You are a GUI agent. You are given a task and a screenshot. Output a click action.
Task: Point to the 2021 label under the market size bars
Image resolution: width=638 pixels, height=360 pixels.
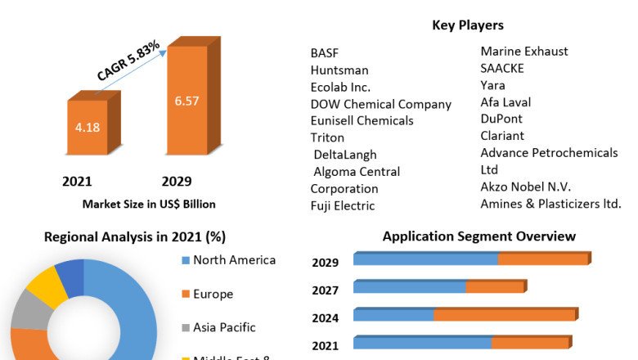[x=77, y=181]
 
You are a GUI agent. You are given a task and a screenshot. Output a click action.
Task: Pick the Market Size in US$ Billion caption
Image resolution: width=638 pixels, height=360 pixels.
[x=149, y=204]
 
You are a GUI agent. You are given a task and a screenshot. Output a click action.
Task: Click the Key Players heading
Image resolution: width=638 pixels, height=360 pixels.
[x=468, y=25]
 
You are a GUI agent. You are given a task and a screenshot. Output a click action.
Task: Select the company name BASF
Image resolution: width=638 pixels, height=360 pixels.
[x=325, y=52]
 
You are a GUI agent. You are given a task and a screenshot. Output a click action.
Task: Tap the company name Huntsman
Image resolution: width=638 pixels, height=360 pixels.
[x=339, y=70]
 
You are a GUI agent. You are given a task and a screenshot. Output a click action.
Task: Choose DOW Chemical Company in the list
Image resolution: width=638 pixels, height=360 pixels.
[x=380, y=104]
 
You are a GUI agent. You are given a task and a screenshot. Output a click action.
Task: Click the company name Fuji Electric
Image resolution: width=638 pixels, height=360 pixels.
[x=343, y=205]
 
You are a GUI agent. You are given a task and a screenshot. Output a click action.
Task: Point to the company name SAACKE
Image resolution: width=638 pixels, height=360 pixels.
[x=502, y=68]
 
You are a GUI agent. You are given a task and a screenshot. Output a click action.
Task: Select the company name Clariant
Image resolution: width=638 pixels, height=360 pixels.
[x=502, y=136]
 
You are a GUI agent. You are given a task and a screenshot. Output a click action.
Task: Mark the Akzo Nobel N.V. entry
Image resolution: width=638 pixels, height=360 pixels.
[x=525, y=187]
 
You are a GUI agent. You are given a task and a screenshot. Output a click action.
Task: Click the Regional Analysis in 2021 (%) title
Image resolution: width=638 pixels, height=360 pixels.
[x=135, y=237]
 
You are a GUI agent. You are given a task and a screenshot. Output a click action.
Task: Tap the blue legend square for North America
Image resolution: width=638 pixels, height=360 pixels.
[x=185, y=261]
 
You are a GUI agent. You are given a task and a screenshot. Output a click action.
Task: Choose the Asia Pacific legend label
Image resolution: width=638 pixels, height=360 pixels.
[x=224, y=327]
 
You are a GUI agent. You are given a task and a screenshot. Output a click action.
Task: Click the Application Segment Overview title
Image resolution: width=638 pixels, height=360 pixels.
[x=479, y=236]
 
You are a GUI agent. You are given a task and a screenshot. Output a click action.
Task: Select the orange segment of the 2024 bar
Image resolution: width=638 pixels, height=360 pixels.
[x=504, y=315]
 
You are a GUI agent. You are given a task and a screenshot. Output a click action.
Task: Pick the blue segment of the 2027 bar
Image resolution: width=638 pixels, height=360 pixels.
[x=410, y=287]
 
